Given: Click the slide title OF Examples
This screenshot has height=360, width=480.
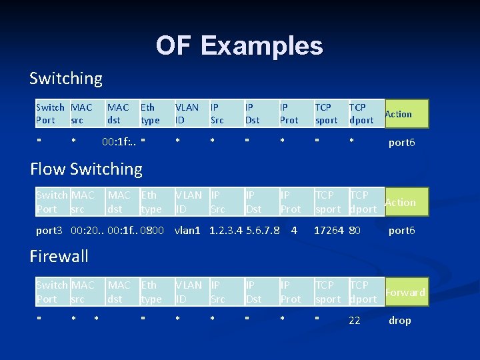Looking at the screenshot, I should click(x=239, y=46).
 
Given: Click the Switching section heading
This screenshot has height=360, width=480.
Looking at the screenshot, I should click(x=66, y=79).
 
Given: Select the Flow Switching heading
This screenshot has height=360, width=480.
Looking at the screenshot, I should click(x=86, y=169).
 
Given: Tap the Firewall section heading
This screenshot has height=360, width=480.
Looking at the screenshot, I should click(x=59, y=256).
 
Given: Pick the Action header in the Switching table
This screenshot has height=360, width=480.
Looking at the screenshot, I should click(x=398, y=114).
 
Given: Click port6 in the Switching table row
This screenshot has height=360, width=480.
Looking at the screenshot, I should click(x=402, y=143).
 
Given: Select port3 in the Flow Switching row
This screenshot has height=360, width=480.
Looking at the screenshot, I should click(x=49, y=231).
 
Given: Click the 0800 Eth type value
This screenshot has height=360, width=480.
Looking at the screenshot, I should click(x=152, y=231).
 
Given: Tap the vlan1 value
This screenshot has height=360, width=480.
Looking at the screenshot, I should click(x=188, y=231).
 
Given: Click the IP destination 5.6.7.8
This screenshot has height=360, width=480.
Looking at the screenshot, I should click(x=263, y=231).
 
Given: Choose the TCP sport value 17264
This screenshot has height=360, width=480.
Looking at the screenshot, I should click(x=329, y=231).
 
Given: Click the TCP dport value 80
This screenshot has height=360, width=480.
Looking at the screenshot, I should click(x=355, y=231).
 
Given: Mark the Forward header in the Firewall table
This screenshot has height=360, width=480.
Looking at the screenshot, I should click(x=405, y=292).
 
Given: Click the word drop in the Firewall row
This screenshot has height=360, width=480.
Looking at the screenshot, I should click(x=399, y=321).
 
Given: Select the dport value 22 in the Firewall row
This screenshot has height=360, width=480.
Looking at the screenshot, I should click(x=355, y=321).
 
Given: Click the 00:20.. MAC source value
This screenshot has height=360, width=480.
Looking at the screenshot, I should click(x=87, y=231).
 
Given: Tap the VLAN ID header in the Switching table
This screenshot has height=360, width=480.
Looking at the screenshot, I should click(x=187, y=114).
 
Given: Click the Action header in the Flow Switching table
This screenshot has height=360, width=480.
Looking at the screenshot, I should click(x=400, y=203).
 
